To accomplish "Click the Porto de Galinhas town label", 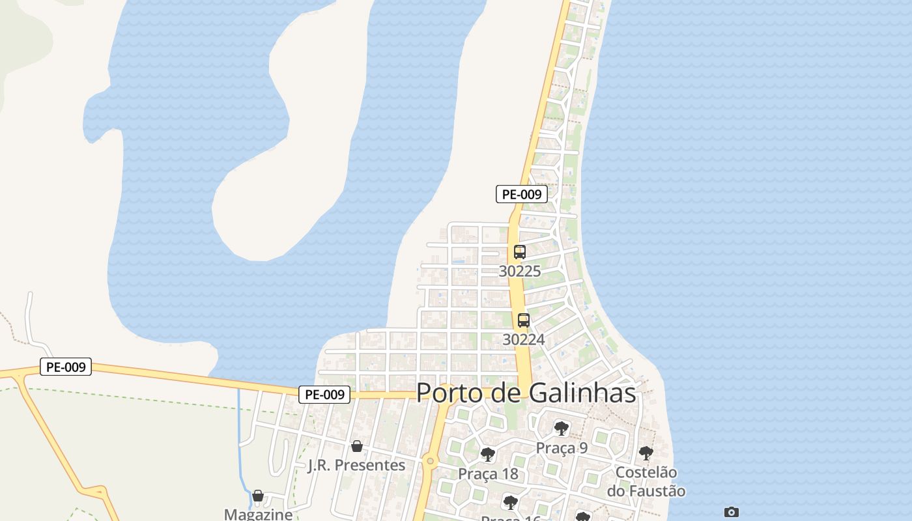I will (526, 393).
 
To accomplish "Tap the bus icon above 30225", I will (519, 252).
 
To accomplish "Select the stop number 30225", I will (520, 271).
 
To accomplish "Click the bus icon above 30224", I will (523, 320).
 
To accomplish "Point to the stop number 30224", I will (524, 339).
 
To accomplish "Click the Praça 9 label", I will (562, 448).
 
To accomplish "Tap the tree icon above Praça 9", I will (561, 429).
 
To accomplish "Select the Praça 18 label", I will (488, 473).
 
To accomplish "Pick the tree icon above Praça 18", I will (487, 455).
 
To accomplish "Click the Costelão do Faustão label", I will (646, 481).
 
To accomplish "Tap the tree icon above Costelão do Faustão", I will (646, 453).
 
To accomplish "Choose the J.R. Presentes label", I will (356, 465).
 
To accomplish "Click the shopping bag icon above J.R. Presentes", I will (356, 446).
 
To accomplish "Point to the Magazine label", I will (259, 514).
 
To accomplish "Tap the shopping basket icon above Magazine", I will (258, 496).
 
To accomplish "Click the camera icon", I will (732, 513).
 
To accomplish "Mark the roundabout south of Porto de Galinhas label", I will (429, 462).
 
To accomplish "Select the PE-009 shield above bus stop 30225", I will (522, 194).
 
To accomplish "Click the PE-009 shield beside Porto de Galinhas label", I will (324, 394).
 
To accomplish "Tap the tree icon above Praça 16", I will (511, 502).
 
